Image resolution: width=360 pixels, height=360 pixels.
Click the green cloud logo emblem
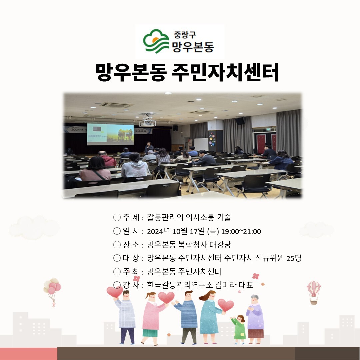click(x=156, y=41)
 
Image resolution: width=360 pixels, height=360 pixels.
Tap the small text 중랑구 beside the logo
click(x=185, y=35)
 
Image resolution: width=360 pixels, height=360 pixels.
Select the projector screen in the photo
click(x=110, y=134)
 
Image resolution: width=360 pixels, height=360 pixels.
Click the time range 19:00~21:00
click(x=241, y=231)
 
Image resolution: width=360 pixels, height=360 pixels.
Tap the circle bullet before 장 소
click(x=117, y=245)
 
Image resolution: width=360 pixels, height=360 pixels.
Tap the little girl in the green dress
click(x=239, y=330)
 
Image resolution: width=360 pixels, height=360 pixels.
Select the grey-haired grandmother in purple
click(x=255, y=319)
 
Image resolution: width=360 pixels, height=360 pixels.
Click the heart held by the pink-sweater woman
click(x=166, y=298)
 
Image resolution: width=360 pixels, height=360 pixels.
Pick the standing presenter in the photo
click(x=149, y=148)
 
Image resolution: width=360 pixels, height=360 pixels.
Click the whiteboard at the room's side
click(x=201, y=144)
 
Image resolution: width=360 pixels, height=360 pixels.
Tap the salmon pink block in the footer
click(x=28, y=354)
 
